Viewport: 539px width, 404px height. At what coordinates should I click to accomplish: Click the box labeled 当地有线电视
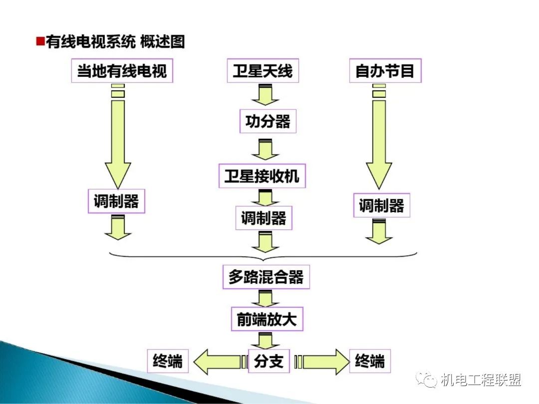[122, 71]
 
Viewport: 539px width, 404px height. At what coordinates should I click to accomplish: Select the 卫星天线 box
[263, 71]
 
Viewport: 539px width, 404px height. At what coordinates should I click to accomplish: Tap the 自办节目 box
[384, 71]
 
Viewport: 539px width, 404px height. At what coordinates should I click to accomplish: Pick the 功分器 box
[268, 121]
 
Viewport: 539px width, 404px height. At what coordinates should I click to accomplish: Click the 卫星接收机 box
[262, 176]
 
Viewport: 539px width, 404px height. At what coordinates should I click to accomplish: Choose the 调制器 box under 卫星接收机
[264, 218]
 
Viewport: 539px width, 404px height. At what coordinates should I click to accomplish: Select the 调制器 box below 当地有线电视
[116, 202]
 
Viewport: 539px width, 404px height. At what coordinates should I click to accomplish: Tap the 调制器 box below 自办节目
[381, 205]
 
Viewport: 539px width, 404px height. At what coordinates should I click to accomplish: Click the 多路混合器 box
[266, 277]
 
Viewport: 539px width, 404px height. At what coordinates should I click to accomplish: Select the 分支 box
[269, 361]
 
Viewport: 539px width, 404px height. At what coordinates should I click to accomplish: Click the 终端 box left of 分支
[168, 361]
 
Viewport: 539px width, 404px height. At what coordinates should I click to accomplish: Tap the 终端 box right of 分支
[370, 361]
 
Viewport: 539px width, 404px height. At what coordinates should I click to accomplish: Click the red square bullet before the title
[40, 41]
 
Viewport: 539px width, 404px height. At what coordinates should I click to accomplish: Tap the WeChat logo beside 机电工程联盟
[428, 381]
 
